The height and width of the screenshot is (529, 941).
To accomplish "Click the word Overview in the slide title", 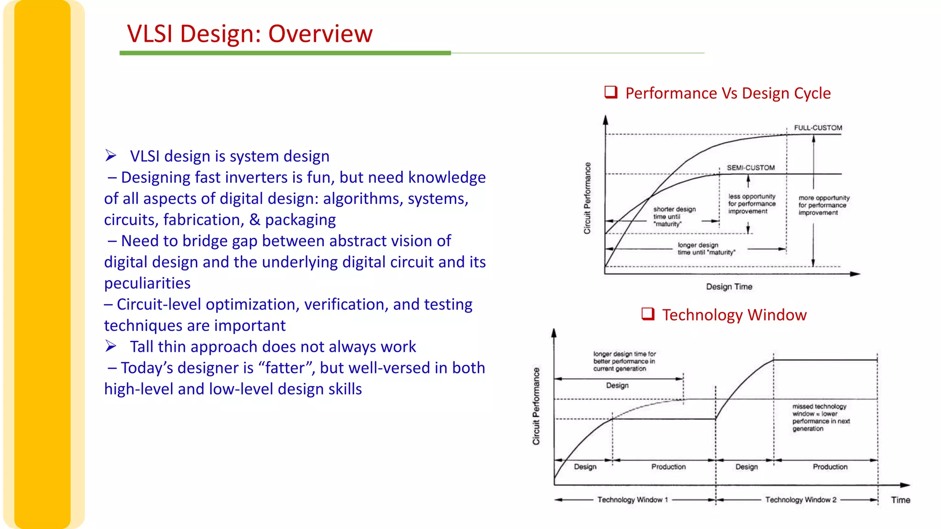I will click(x=320, y=34).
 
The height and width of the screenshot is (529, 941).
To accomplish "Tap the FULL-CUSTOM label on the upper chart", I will click(x=818, y=128).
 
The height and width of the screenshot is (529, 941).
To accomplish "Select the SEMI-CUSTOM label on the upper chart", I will click(x=750, y=168).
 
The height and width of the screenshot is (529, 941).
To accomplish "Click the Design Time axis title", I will click(x=729, y=287).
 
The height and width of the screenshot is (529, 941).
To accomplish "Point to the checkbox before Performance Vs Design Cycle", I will click(x=611, y=92).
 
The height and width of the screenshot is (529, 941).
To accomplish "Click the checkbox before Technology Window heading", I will click(x=647, y=314).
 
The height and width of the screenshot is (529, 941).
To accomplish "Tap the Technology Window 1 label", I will click(x=632, y=500).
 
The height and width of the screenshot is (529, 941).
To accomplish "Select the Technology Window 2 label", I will click(x=800, y=500).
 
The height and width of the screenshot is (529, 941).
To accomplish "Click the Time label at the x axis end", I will click(x=900, y=500).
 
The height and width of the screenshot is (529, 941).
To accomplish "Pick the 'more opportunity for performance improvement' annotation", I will click(x=823, y=205).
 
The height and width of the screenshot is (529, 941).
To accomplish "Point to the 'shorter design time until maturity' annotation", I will click(x=674, y=216).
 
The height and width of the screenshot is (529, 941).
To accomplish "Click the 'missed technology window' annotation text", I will click(x=820, y=417).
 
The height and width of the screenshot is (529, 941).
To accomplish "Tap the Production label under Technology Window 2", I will click(x=830, y=467).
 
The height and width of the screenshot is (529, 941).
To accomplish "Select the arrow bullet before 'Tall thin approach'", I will click(x=111, y=346).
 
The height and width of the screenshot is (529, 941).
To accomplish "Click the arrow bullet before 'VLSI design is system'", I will click(x=111, y=156).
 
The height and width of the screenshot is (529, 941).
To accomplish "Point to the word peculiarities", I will click(x=147, y=283).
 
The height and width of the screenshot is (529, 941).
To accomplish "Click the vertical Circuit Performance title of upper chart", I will click(x=587, y=198).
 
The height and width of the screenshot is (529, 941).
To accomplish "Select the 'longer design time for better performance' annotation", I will click(x=624, y=361).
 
